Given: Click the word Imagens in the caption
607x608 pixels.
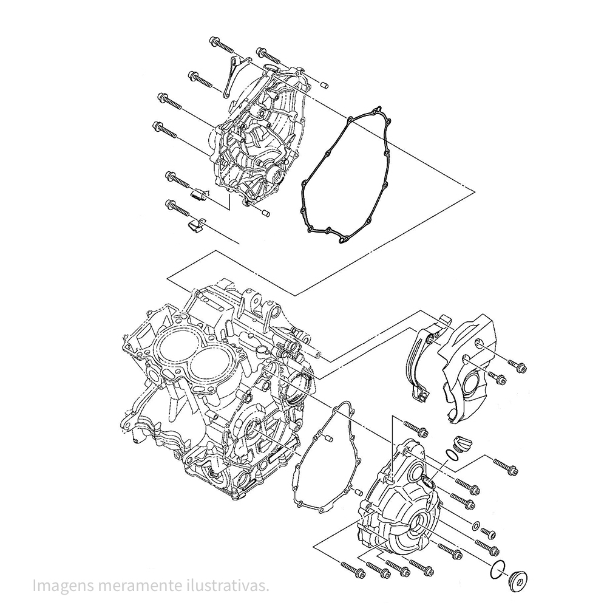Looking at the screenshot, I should [59, 586].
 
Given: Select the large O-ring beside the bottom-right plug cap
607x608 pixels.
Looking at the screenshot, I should [496, 570].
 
